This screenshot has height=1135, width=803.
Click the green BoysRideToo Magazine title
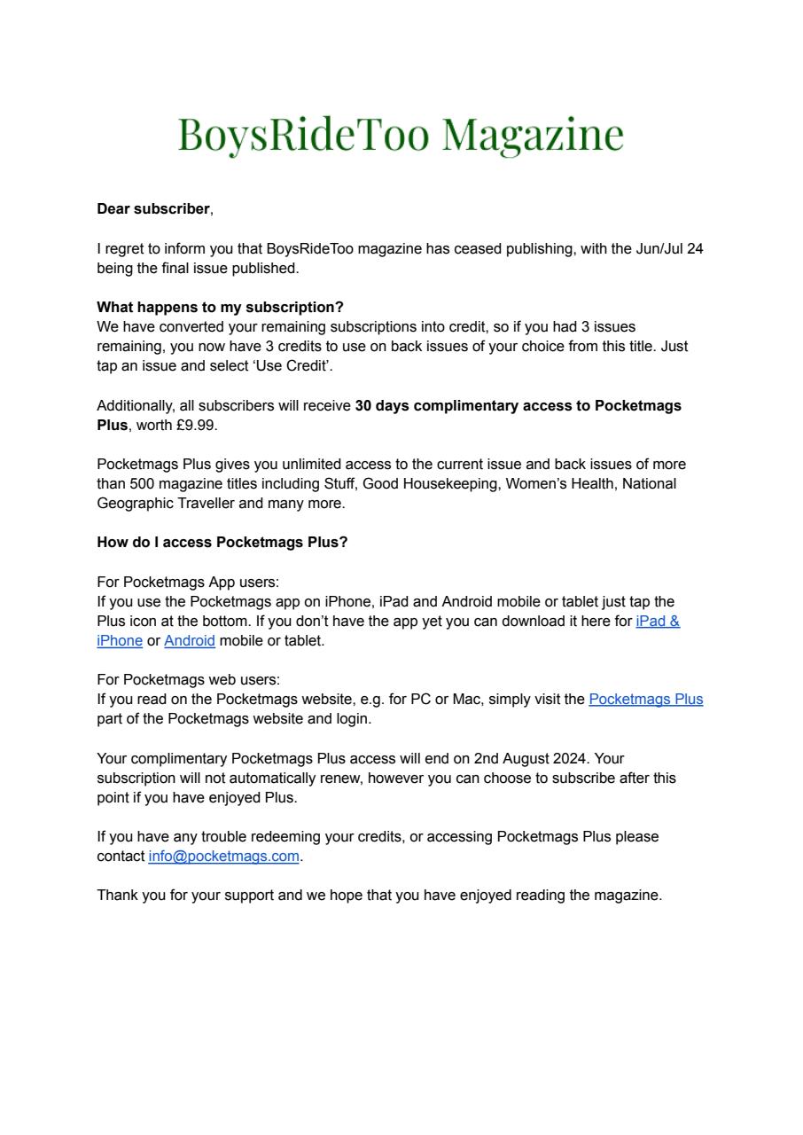pyautogui.click(x=401, y=134)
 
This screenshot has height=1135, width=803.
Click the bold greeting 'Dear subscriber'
pyautogui.click(x=153, y=209)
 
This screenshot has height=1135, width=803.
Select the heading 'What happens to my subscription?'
pyautogui.click(x=220, y=308)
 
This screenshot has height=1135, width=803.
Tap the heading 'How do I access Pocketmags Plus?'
pyautogui.click(x=222, y=543)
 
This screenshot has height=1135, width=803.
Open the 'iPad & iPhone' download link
pyautogui.click(x=657, y=621)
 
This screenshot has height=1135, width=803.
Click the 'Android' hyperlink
pyautogui.click(x=190, y=640)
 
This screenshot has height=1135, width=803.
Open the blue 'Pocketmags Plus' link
pyautogui.click(x=645, y=699)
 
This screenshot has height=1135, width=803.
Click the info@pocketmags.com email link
pyautogui.click(x=223, y=857)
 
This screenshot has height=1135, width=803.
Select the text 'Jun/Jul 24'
pyautogui.click(x=669, y=248)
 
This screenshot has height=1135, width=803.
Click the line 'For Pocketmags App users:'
pyautogui.click(x=188, y=582)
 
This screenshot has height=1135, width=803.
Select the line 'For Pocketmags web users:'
pyautogui.click(x=188, y=679)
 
